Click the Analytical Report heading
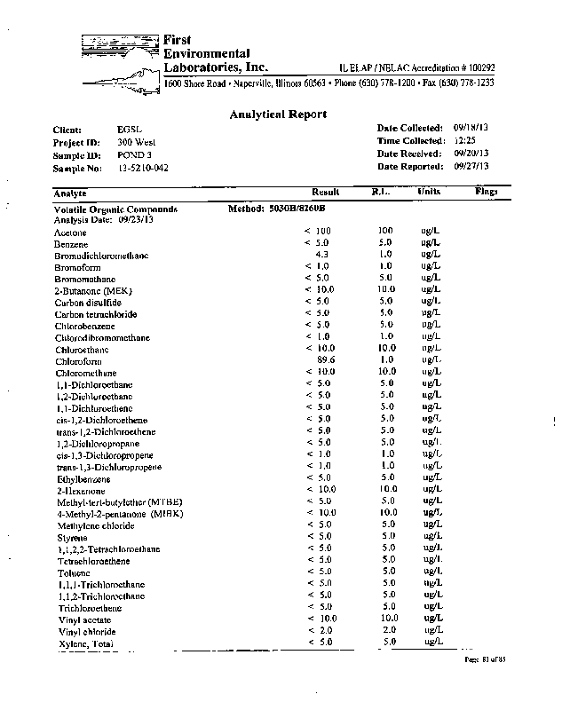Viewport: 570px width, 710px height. tap(278, 114)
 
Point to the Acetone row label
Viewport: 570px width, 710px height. tap(70, 232)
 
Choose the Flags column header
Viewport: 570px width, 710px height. tap(486, 192)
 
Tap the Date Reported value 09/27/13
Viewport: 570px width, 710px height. tap(471, 166)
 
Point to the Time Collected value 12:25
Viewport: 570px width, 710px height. tap(465, 140)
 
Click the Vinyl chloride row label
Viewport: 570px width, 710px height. tap(87, 631)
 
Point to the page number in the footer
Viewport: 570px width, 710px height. tap(485, 660)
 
